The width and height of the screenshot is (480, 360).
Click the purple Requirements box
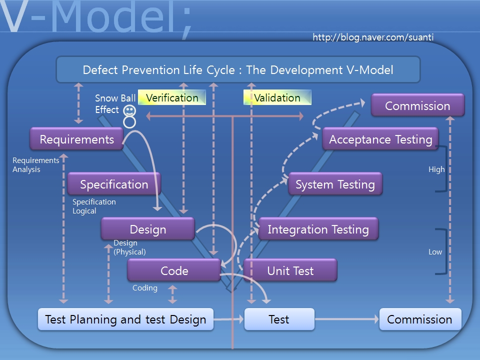coord(76,139)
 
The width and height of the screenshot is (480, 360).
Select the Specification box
coord(114,184)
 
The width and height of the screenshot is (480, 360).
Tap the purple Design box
coord(147,229)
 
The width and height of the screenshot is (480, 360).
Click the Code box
coord(174,270)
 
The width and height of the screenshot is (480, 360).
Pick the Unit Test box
coord(290,270)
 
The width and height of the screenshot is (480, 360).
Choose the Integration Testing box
coord(318,229)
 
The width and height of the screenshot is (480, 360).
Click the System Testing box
coord(335,184)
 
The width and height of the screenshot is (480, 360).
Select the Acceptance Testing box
coord(380,139)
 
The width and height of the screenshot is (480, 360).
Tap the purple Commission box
coord(417,105)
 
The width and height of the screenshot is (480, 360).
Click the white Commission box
coord(419,319)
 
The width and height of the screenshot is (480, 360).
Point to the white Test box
coord(279,319)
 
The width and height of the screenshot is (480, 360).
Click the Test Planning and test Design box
coord(125,319)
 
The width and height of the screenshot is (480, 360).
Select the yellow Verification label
coord(172,97)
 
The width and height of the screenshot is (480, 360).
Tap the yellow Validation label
coord(277,97)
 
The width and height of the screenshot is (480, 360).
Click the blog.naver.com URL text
coord(373,37)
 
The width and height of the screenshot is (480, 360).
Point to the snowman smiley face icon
coord(129,110)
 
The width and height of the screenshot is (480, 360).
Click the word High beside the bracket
coord(436,169)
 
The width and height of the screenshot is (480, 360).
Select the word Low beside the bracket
coord(435,252)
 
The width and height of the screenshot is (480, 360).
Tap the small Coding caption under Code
coord(145,288)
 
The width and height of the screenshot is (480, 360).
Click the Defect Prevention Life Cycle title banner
coord(238,69)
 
